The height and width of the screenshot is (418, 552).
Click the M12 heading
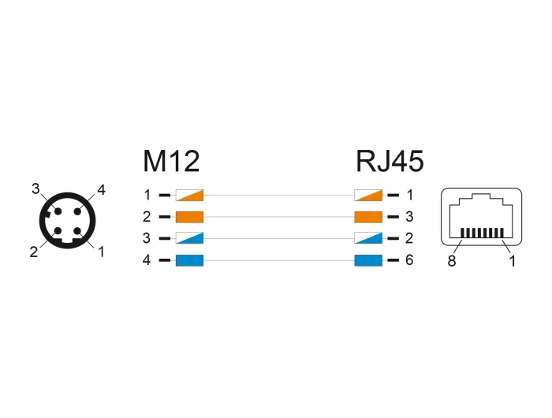[x=171, y=161]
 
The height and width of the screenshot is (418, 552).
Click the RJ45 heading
[x=390, y=161]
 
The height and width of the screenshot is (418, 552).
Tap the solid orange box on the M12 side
[x=189, y=217]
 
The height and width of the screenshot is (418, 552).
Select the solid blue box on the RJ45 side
[x=368, y=260]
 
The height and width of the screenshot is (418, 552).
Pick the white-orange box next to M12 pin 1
[x=189, y=195]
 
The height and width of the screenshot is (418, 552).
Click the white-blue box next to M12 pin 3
[x=189, y=238]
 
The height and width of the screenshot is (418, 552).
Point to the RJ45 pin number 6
[x=409, y=260]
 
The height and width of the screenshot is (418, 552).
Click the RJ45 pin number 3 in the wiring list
[x=409, y=217]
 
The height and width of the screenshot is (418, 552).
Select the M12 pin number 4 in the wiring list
[x=147, y=260]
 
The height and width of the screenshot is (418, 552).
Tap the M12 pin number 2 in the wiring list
[x=147, y=217]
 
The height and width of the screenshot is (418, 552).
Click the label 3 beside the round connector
[x=35, y=189]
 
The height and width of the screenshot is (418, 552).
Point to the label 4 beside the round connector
[x=102, y=190]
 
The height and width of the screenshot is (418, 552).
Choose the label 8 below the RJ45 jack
[x=452, y=261]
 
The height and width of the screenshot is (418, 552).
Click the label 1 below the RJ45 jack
[x=513, y=261]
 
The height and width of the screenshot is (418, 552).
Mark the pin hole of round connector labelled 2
[x=58, y=231]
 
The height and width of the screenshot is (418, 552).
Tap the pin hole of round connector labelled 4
[x=78, y=211]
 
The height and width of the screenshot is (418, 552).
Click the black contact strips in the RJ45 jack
[x=483, y=233]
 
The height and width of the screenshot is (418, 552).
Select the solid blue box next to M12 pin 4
[x=189, y=260]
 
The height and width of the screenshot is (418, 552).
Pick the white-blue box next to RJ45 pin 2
[x=368, y=238]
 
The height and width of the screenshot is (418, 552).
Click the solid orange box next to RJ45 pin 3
[x=368, y=217]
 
